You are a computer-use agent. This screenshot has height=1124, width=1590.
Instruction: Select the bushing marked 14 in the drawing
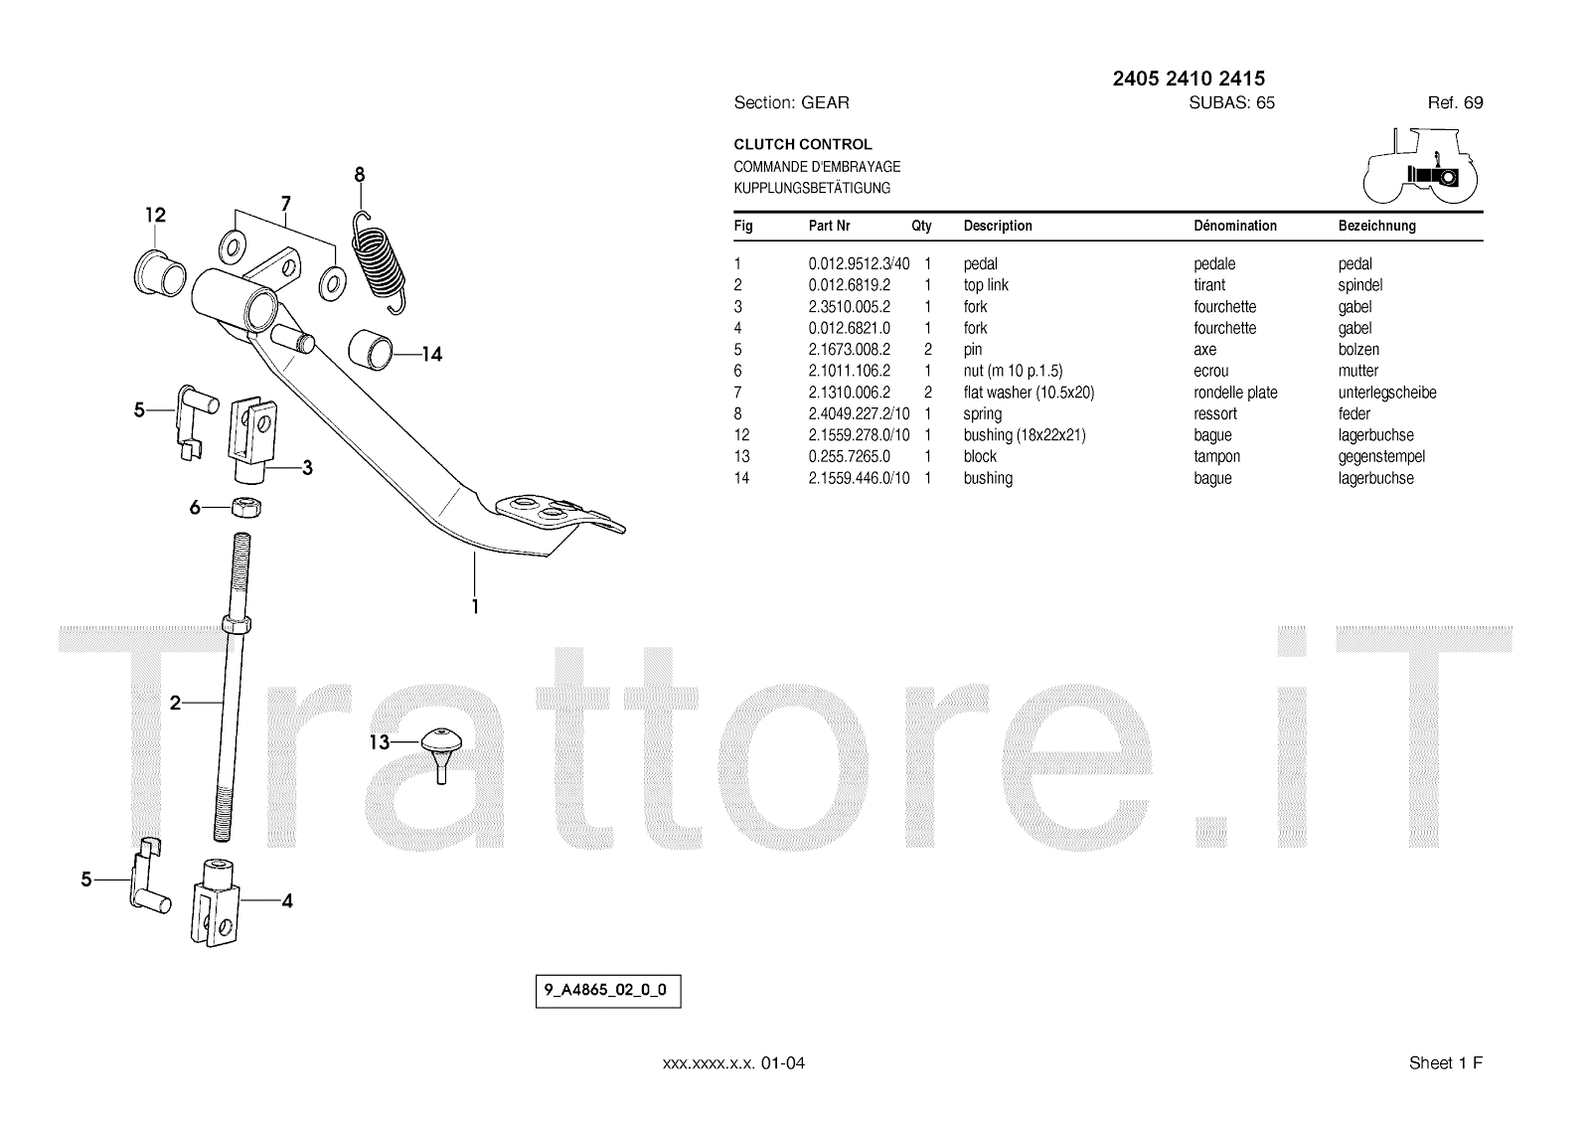pos(371,349)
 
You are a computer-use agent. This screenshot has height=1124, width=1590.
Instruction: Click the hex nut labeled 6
pos(243,507)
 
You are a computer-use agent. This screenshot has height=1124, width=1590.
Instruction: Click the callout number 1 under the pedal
pos(475,605)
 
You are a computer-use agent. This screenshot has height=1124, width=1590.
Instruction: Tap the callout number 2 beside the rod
pos(176,704)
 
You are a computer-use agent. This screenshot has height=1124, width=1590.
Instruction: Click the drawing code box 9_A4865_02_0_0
pos(608,992)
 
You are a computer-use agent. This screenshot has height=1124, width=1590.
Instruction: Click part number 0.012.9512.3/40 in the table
pos(859,264)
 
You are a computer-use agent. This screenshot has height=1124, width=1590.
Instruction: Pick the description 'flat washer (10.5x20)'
pos(1029,393)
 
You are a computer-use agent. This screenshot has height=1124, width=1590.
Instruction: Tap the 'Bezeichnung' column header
pos(1376,227)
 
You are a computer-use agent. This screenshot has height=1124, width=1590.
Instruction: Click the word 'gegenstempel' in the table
pos(1381,457)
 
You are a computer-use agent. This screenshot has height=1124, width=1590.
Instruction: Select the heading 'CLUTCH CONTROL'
pos(803,145)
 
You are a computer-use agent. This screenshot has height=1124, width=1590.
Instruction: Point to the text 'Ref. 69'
pos(1455,103)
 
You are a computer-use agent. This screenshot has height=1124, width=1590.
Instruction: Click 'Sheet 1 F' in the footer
pos(1445,1063)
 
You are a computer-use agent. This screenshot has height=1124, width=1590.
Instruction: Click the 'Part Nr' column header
pos(829,227)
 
